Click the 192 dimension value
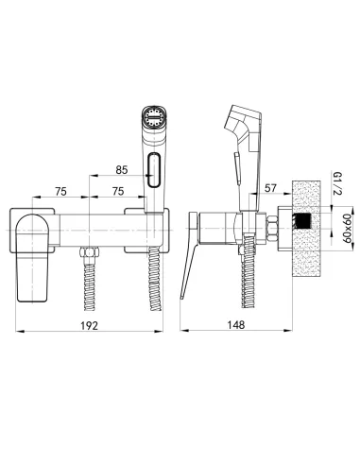point(90,325)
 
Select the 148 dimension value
point(236,325)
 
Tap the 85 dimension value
point(122,170)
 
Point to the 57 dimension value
point(270,188)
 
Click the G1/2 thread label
point(337,183)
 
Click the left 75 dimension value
point(60,191)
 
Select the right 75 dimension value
point(118,191)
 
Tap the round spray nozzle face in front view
point(154,116)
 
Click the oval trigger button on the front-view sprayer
point(154,170)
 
